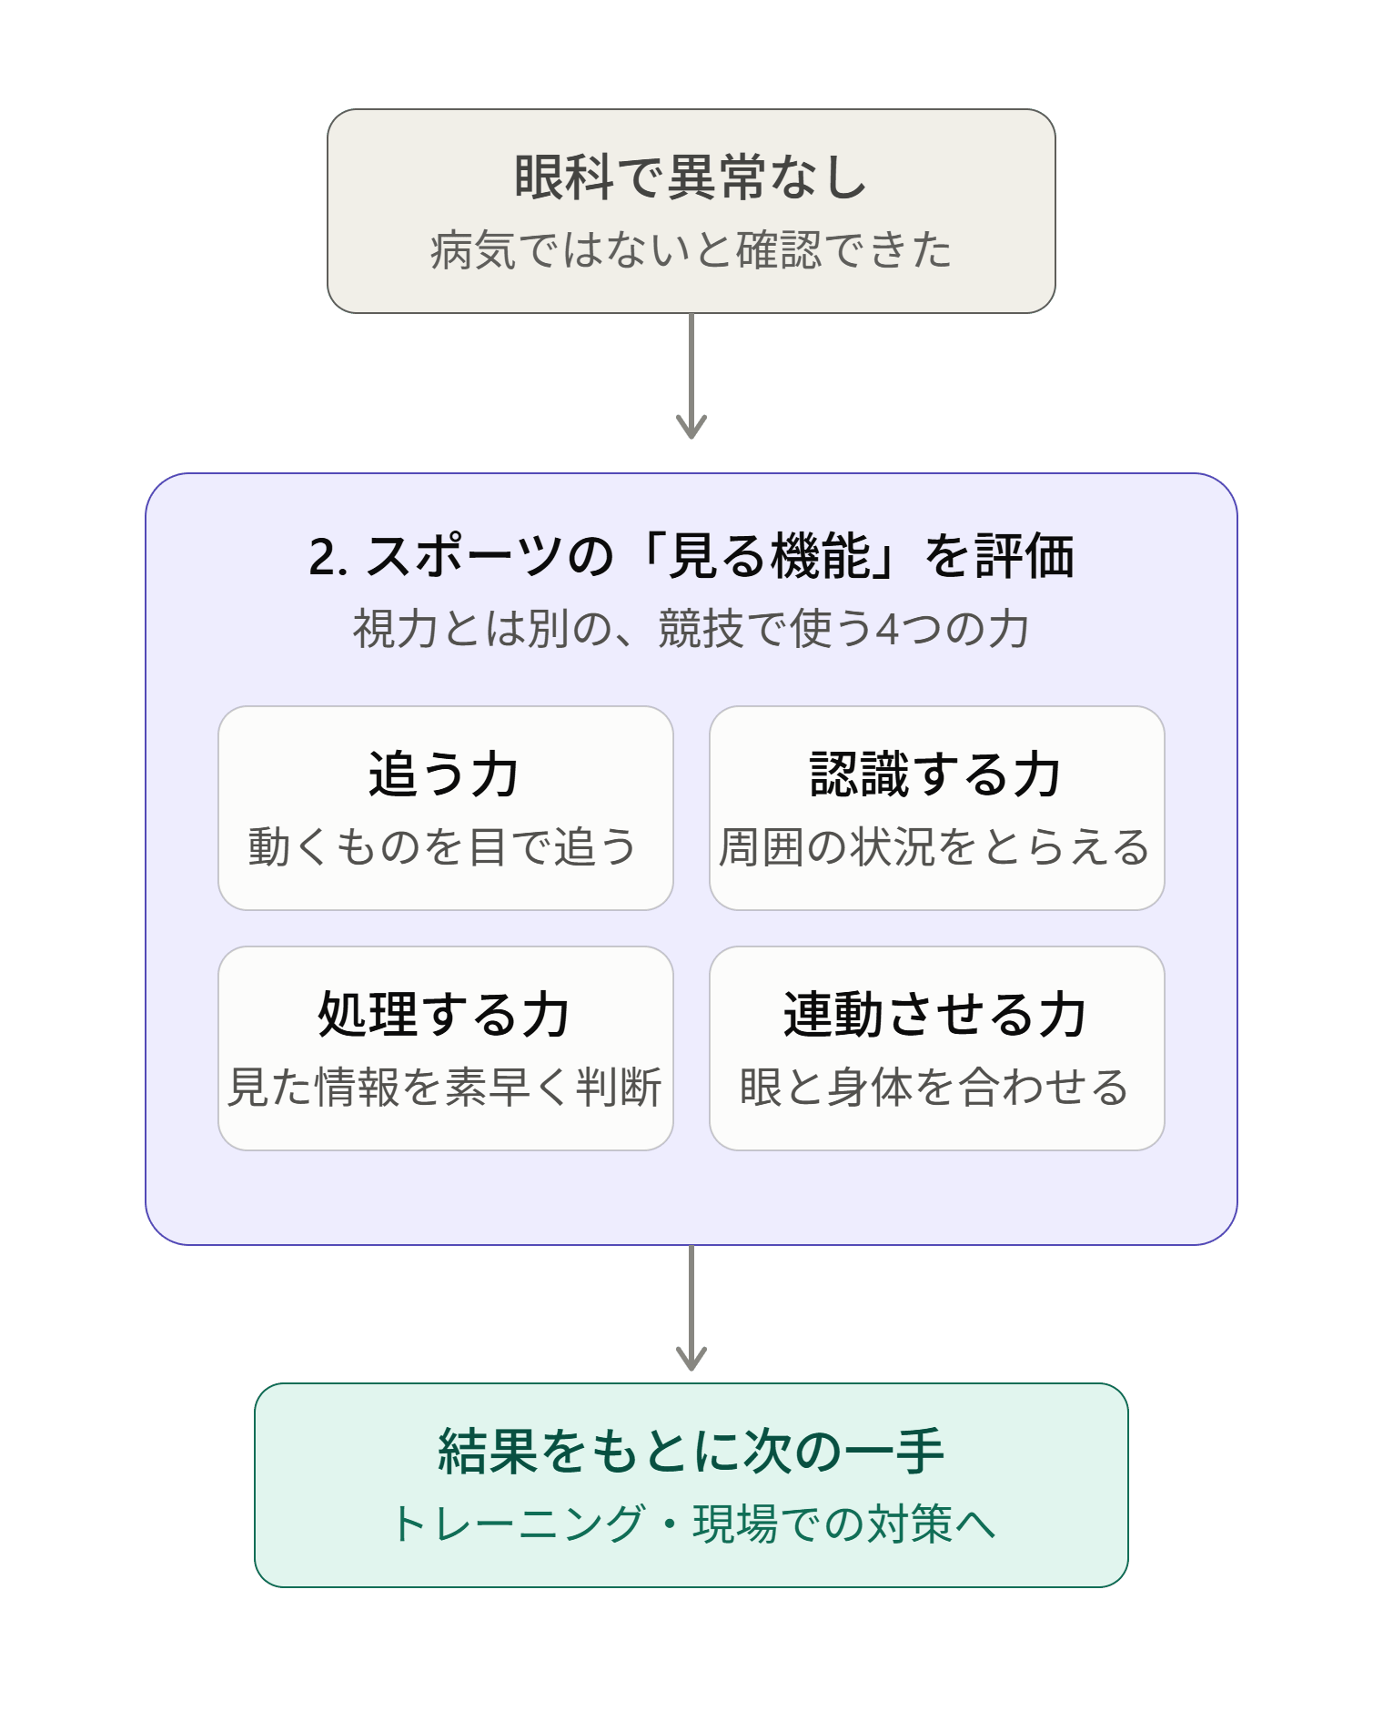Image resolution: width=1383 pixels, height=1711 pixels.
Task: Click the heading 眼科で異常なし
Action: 691,177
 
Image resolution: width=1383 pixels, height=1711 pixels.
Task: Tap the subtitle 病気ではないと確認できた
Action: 691,249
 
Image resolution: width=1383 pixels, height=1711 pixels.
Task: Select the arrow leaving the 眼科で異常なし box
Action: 691,376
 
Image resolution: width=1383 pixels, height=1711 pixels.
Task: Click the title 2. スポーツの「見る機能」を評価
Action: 691,555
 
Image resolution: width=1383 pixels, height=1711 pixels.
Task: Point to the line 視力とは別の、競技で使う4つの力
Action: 691,628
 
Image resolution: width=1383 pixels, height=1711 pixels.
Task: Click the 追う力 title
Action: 444,774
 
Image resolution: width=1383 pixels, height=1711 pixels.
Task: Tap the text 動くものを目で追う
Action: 443,846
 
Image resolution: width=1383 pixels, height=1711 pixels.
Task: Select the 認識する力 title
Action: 936,774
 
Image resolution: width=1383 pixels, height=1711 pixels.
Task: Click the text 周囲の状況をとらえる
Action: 934,846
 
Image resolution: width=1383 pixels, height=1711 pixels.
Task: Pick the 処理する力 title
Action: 444,1014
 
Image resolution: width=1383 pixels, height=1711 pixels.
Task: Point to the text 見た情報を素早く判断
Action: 444,1087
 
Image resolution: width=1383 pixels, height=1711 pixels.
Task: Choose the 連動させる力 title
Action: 936,1014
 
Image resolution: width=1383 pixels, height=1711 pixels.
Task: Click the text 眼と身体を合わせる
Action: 934,1087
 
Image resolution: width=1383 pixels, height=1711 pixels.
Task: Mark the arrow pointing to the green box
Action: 691,1308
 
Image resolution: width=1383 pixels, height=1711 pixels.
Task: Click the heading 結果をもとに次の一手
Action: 691,1451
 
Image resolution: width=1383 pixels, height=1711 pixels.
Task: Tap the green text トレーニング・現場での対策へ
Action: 692,1524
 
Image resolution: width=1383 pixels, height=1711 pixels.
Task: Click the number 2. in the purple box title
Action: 328,557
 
